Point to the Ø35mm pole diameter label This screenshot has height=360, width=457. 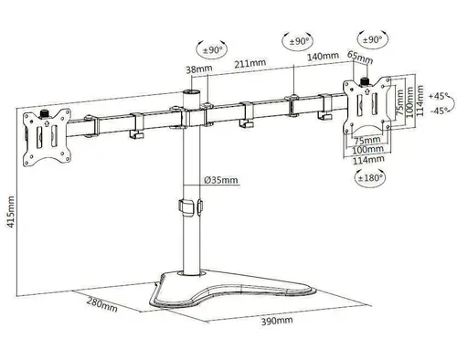221,180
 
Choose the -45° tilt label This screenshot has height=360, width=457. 438,111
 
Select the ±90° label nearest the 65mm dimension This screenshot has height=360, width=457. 372,41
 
